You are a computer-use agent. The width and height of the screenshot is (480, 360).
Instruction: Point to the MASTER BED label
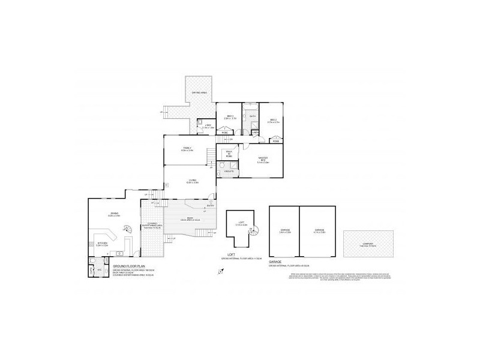click(x=263, y=160)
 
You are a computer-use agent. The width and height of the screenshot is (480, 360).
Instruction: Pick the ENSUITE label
click(x=229, y=173)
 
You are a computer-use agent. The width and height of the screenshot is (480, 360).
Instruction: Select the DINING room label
click(x=113, y=214)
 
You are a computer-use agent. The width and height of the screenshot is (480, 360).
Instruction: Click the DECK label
click(x=190, y=218)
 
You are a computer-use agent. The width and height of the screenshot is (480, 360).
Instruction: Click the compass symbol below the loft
click(x=220, y=272)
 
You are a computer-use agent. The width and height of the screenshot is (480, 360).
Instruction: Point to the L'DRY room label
click(x=207, y=126)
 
